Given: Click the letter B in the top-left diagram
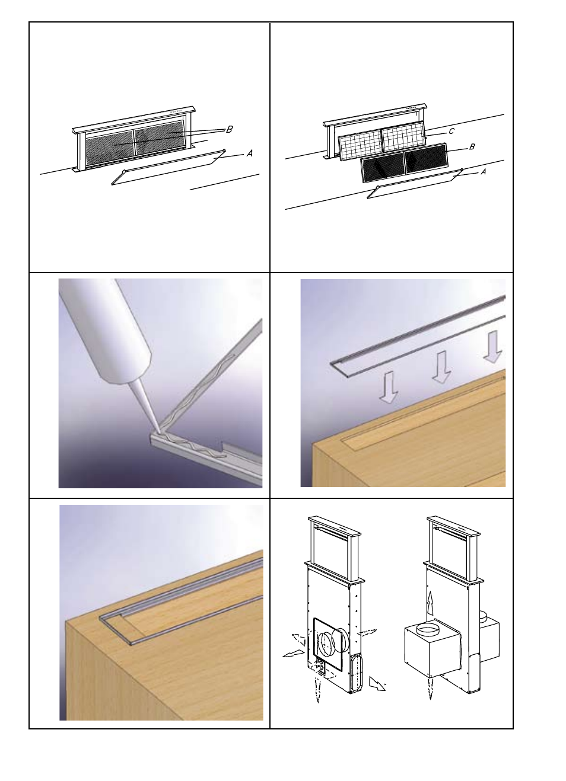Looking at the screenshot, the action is coord(230,129).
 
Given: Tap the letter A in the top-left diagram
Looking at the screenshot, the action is coord(249,153).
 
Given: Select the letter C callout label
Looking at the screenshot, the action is coord(451,132).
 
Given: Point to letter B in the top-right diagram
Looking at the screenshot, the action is coord(472,147).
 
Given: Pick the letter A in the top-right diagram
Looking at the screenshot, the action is coord(484,172).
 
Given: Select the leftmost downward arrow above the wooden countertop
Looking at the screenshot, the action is coord(388,388).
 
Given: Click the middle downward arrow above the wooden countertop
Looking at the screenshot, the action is coord(441,367).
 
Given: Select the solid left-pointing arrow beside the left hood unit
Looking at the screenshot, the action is coord(294,654).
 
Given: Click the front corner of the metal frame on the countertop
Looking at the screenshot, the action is coord(131,644).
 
